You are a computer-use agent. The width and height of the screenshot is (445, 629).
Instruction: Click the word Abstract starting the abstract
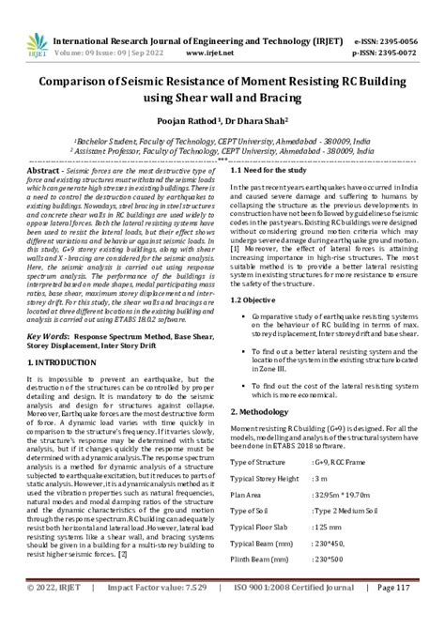[x=48, y=170]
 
